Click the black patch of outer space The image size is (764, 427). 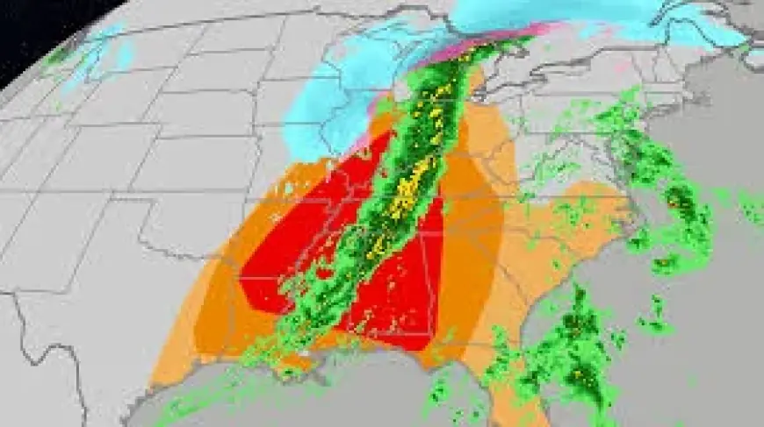click(x=35, y=26)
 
